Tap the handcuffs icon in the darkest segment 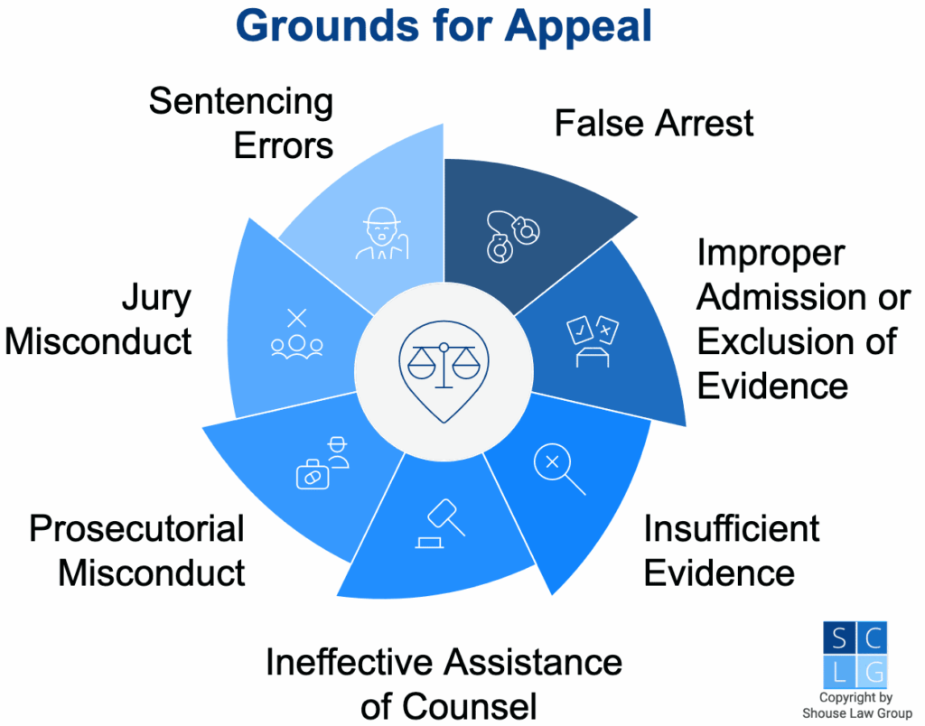pyautogui.click(x=511, y=237)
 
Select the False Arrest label pyautogui.click(x=653, y=124)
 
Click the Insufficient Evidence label pyautogui.click(x=731, y=550)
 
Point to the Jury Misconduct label pyautogui.click(x=100, y=320)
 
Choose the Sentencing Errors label pyautogui.click(x=241, y=123)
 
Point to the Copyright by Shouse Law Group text pyautogui.click(x=855, y=705)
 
